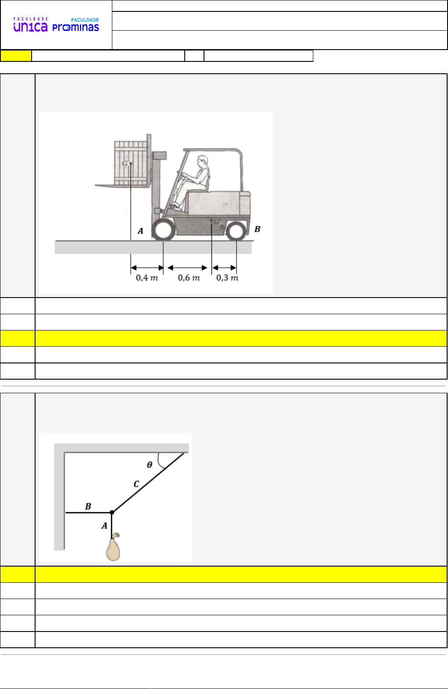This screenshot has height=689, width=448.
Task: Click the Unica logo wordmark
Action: pyautogui.click(x=30, y=25)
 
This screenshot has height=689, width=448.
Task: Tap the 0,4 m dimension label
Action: pyautogui.click(x=147, y=278)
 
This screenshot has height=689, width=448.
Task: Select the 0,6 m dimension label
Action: pyautogui.click(x=189, y=278)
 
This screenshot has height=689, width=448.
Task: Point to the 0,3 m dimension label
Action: pyautogui.click(x=227, y=278)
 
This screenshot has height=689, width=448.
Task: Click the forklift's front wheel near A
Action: pyautogui.click(x=163, y=230)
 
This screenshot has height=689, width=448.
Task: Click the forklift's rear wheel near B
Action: pyautogui.click(x=236, y=231)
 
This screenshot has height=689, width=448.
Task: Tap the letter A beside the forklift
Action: pyautogui.click(x=140, y=231)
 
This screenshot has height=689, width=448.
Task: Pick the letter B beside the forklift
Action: pyautogui.click(x=258, y=229)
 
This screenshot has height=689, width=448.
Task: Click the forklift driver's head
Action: pyautogui.click(x=203, y=161)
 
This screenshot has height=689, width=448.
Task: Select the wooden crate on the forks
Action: pyautogui.click(x=131, y=163)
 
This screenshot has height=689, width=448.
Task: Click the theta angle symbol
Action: pyautogui.click(x=150, y=465)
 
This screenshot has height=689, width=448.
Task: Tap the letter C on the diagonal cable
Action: pyautogui.click(x=136, y=484)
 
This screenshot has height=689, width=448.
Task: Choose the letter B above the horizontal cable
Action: pyautogui.click(x=88, y=506)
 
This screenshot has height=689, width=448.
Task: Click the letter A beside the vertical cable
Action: pyautogui.click(x=104, y=526)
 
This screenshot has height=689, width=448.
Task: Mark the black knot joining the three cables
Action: pyautogui.click(x=112, y=513)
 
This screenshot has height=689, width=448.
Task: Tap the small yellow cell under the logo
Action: pyautogui.click(x=16, y=56)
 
